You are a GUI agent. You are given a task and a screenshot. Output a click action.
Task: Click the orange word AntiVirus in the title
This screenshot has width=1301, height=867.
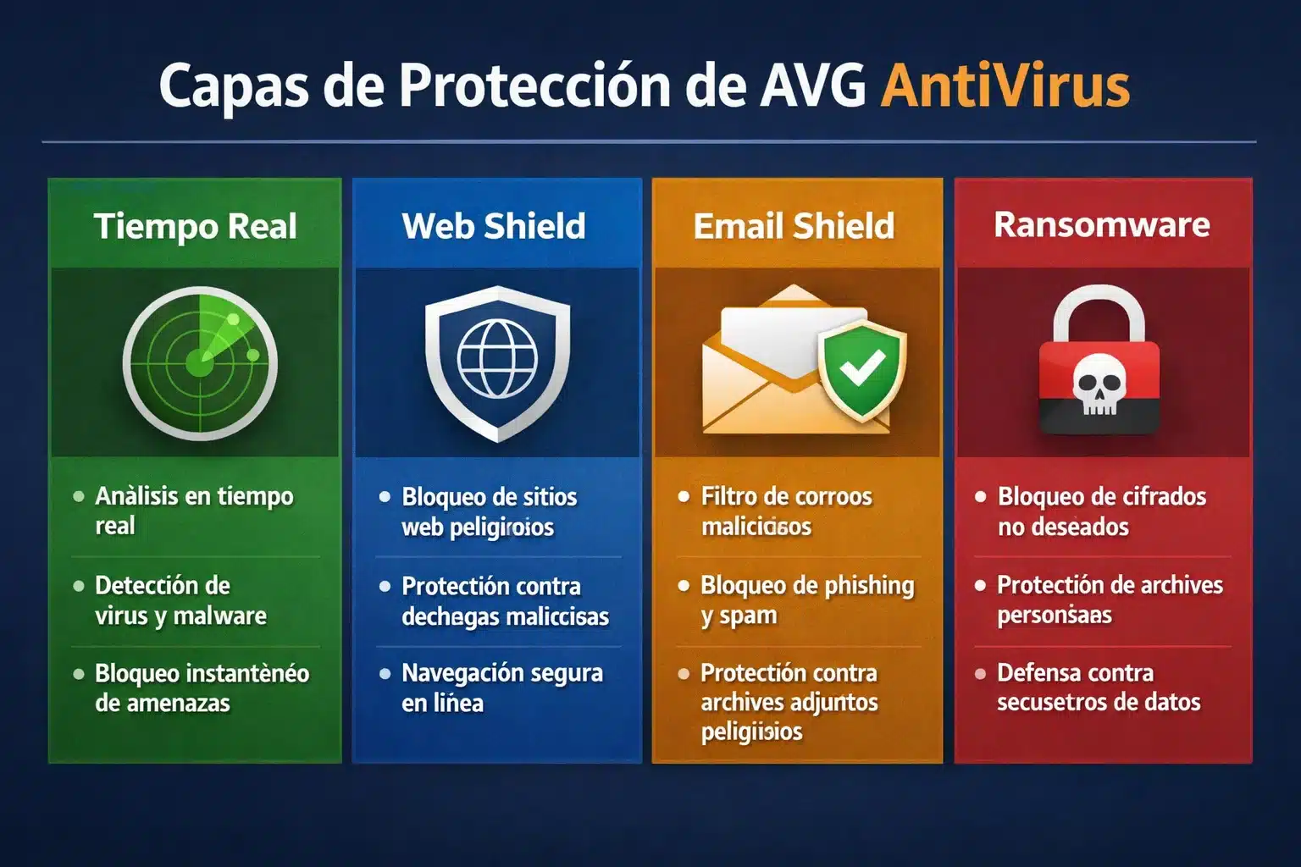click(x=1005, y=86)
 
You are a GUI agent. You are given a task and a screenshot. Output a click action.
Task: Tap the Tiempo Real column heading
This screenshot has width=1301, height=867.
click(x=196, y=226)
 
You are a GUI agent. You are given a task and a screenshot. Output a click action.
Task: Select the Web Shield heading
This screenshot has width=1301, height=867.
click(x=494, y=226)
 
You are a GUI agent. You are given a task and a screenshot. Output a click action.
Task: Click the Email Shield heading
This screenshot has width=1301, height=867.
click(x=794, y=226)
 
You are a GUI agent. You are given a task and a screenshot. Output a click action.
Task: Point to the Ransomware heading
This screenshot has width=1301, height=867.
click(x=1101, y=224)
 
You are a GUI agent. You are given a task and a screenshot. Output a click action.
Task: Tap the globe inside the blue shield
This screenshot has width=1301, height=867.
click(x=497, y=359)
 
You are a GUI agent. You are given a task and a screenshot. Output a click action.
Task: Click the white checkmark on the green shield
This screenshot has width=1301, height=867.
click(x=861, y=368)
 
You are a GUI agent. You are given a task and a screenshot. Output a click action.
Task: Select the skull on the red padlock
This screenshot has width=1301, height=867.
click(x=1099, y=384)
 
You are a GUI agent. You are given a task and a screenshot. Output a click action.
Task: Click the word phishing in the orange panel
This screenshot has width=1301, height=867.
click(x=868, y=586)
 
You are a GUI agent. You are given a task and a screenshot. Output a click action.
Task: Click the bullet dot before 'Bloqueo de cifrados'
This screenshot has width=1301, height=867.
click(x=980, y=497)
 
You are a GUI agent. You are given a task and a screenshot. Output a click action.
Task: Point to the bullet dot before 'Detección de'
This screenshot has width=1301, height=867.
click(x=79, y=586)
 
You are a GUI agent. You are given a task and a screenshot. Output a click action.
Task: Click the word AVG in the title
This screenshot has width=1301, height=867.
click(x=812, y=86)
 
